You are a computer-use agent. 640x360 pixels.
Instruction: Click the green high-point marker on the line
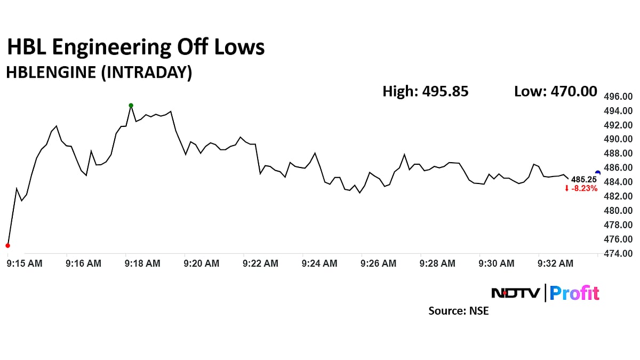click(131, 106)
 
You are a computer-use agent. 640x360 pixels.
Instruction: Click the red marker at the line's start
click(7, 245)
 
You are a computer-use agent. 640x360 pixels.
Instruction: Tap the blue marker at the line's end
click(598, 173)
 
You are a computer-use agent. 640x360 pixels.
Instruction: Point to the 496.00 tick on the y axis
click(618, 97)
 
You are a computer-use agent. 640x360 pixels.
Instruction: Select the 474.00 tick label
click(618, 254)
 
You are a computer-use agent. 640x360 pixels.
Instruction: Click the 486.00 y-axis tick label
click(618, 168)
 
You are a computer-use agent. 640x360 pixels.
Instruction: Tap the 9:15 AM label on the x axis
click(25, 263)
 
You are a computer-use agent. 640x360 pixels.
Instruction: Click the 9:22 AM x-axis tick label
click(260, 263)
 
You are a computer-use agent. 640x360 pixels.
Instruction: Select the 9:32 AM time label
click(555, 263)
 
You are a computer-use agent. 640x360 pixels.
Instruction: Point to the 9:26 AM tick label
click(378, 263)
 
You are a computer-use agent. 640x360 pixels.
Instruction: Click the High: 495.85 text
click(425, 92)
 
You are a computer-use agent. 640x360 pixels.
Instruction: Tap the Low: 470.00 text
click(555, 92)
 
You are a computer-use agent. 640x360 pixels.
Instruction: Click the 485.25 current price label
click(583, 180)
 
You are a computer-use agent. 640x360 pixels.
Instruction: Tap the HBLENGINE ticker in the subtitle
click(51, 73)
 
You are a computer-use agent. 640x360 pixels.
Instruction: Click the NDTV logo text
click(515, 293)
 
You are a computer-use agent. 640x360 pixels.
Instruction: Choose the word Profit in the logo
click(574, 293)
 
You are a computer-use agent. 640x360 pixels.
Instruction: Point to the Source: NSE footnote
click(458, 310)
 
